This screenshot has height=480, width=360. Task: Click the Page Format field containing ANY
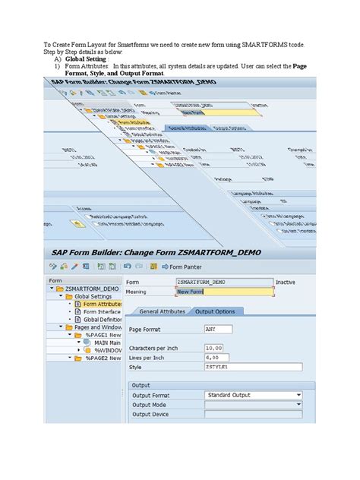coord(219,330)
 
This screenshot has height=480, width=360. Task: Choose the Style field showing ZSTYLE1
coord(251,367)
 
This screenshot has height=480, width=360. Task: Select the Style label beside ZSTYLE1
coord(136,367)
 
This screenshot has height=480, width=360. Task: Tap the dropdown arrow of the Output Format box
coord(298,395)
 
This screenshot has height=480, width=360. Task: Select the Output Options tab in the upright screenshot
coord(215,311)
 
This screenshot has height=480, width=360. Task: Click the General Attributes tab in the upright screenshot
coord(162,311)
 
